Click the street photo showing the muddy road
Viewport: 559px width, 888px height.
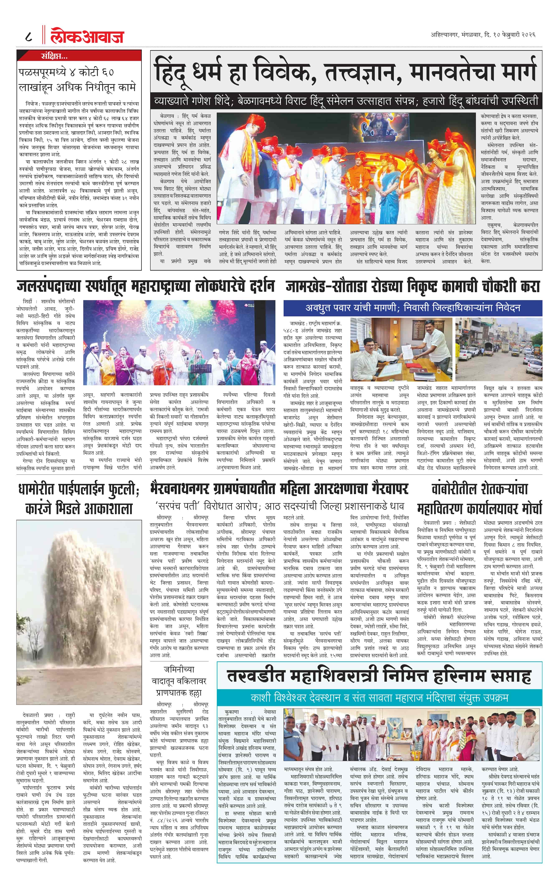point(498,349)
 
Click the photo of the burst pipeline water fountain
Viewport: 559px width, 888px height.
point(79,612)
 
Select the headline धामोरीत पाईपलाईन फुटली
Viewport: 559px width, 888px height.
point(79,499)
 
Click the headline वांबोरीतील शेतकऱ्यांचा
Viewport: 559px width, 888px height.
point(479,489)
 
